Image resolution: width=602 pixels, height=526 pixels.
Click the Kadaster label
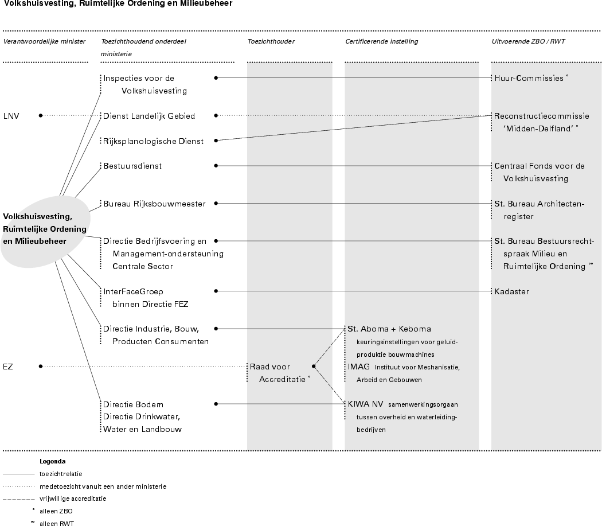coord(511,291)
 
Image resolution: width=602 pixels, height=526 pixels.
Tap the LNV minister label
coord(11,115)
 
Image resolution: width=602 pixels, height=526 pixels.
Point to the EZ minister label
coord(8,366)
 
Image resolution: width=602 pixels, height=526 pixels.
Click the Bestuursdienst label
coord(132,166)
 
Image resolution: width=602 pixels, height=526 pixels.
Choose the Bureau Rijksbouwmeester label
coord(154,204)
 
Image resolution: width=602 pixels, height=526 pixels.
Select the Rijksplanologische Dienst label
coord(153,141)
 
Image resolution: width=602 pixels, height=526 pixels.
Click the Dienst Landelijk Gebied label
coord(149,116)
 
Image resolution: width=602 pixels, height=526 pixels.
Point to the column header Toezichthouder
coord(271,41)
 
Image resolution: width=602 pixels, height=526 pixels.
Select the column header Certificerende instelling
coord(381,41)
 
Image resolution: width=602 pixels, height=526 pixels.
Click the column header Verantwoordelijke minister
coord(44,41)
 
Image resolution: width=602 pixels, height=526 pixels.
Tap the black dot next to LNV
coord(41,115)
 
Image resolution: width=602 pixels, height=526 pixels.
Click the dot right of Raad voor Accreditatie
coord(314,366)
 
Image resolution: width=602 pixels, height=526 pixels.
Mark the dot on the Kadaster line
coord(216,291)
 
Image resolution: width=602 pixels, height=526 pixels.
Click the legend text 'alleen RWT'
coord(57,523)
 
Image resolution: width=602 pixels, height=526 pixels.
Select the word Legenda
coord(52,461)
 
